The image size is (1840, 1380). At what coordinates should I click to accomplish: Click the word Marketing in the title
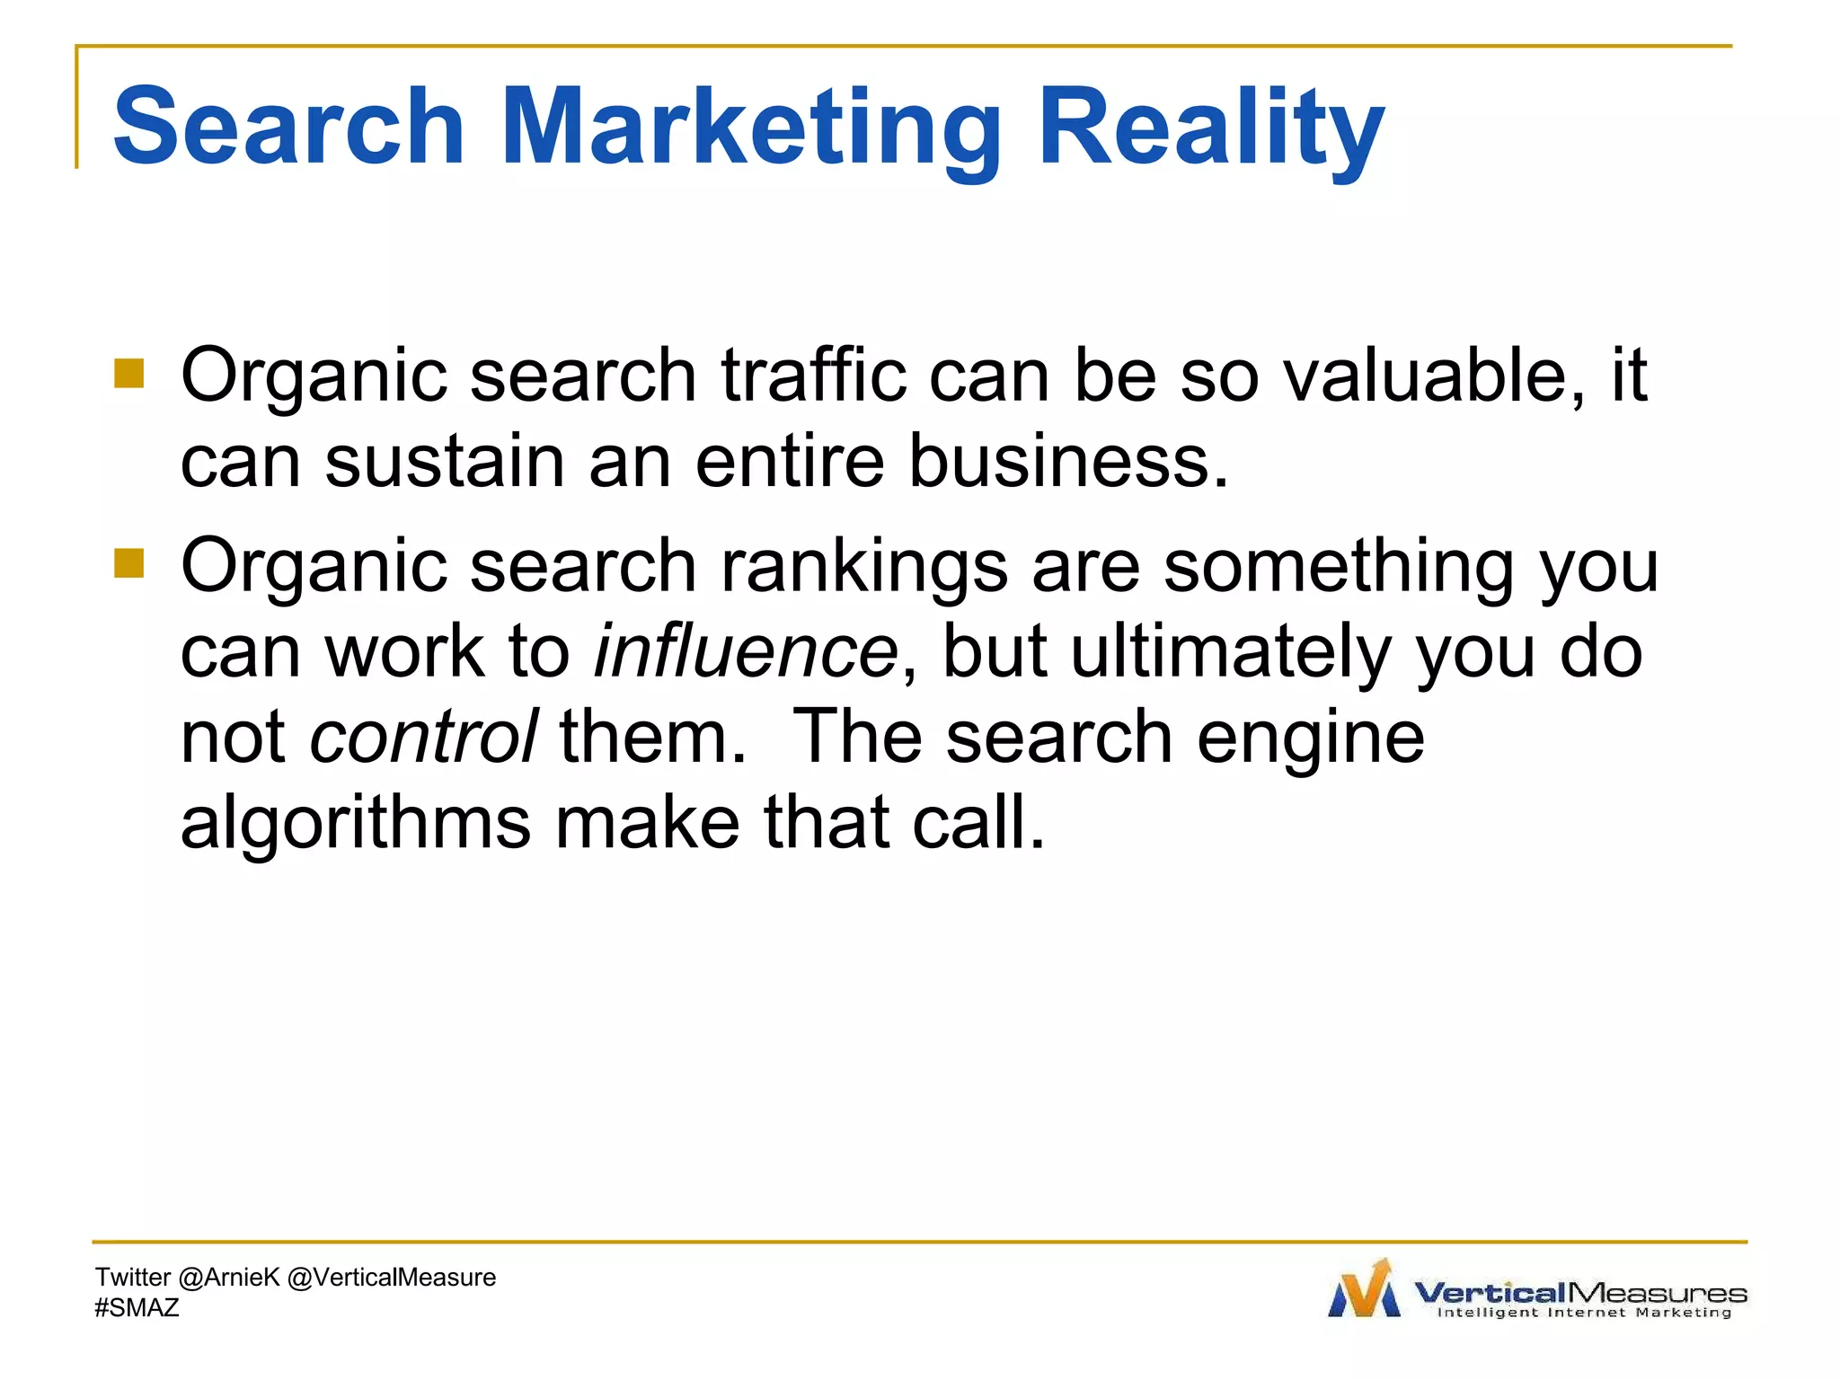(750, 128)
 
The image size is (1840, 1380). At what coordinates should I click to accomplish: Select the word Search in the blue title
(288, 128)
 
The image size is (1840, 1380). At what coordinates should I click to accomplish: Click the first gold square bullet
(129, 374)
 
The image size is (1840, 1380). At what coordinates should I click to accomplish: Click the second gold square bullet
(129, 563)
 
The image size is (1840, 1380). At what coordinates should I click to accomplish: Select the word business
(1068, 460)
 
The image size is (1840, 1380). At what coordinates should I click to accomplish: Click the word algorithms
(356, 822)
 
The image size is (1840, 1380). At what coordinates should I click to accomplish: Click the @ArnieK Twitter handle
(229, 1278)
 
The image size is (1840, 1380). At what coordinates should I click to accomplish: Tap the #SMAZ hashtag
(137, 1307)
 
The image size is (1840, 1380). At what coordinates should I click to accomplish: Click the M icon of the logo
(1364, 1289)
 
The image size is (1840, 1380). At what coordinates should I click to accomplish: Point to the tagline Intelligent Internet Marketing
(1584, 1313)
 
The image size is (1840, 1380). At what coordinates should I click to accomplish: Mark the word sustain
(444, 460)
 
